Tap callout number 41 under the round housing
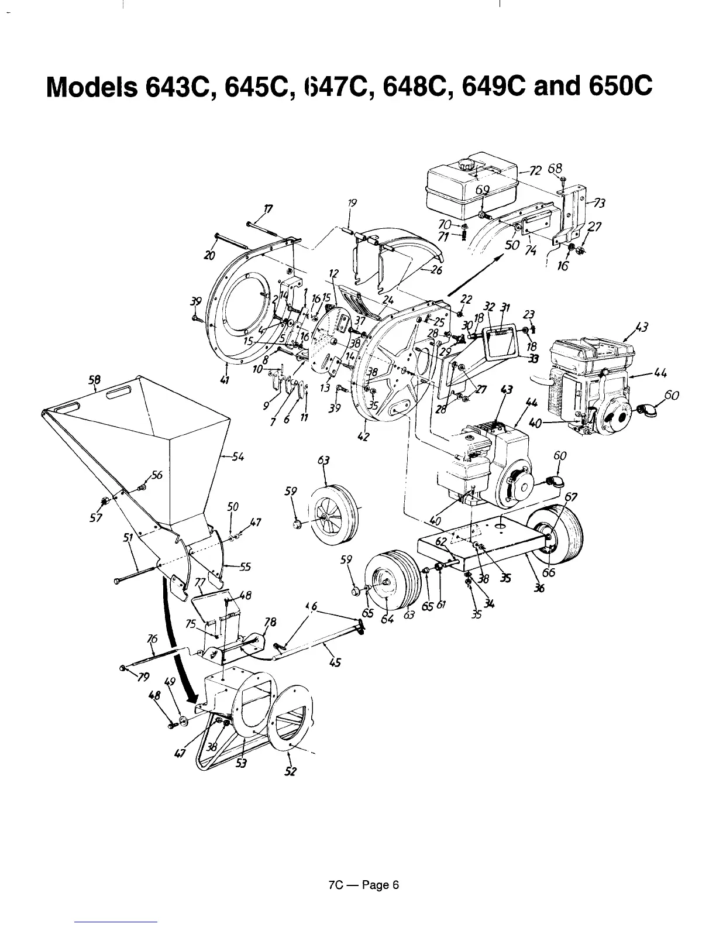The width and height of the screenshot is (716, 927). tap(223, 382)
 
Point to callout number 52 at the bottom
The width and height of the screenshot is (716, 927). tap(291, 771)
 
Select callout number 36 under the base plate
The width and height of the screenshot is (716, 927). tap(539, 589)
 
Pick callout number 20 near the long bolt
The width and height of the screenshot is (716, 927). tap(209, 255)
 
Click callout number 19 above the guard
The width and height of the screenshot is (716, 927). tap(352, 203)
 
